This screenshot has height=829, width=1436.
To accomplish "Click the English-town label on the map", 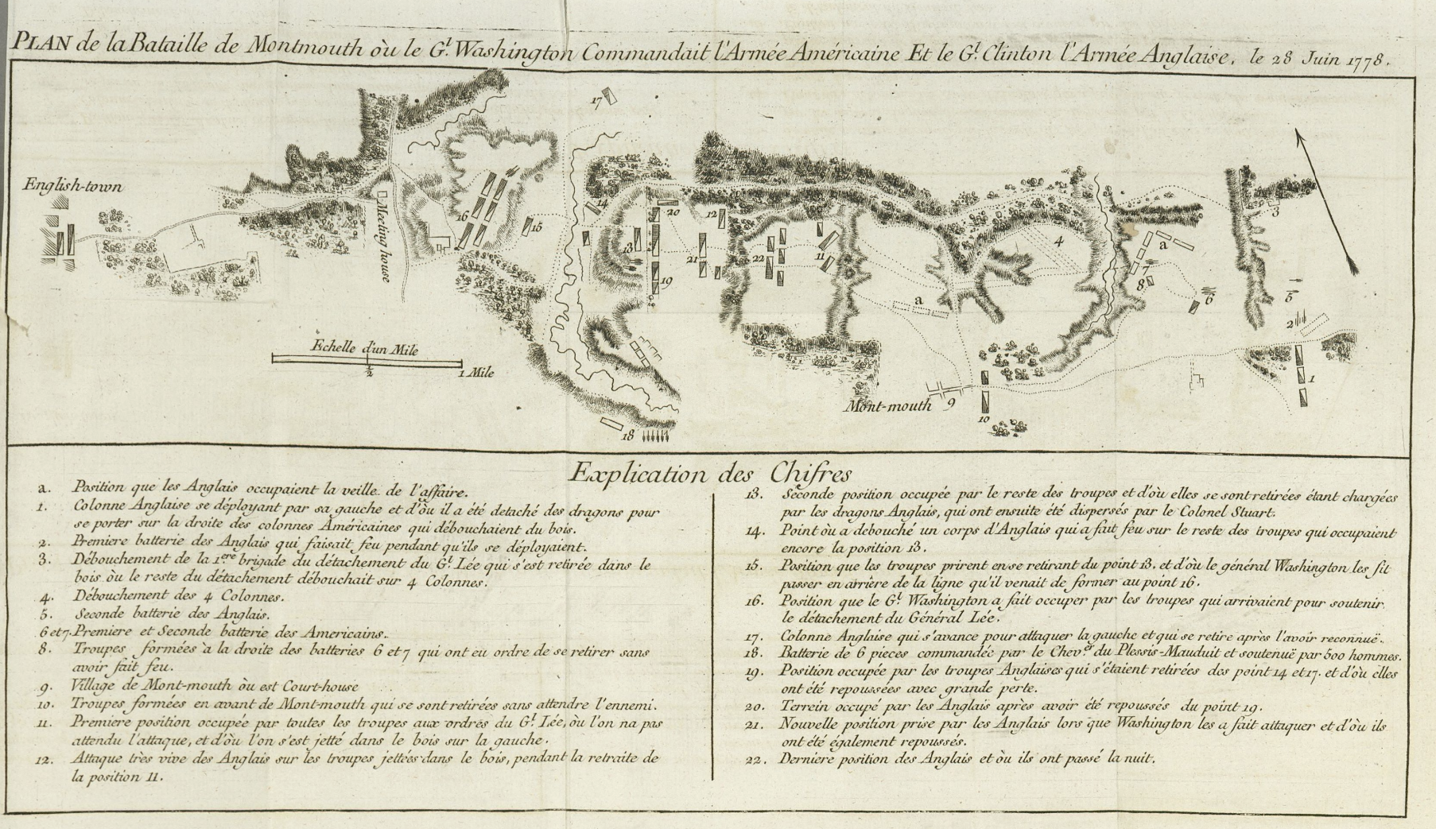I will point(72,186).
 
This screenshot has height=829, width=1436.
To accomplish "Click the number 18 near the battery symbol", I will point(628,435).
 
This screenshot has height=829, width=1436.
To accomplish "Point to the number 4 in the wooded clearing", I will point(1058,242).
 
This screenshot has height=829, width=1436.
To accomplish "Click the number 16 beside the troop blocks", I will point(460,216).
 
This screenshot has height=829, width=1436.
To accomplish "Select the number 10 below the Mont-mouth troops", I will point(984,418).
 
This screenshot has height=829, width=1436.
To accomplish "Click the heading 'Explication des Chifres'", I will point(709,474).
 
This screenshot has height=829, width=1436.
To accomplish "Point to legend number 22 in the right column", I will point(755,758).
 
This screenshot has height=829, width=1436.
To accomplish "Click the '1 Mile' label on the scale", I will point(477,372).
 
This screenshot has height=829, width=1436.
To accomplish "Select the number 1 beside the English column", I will point(1311,379).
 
